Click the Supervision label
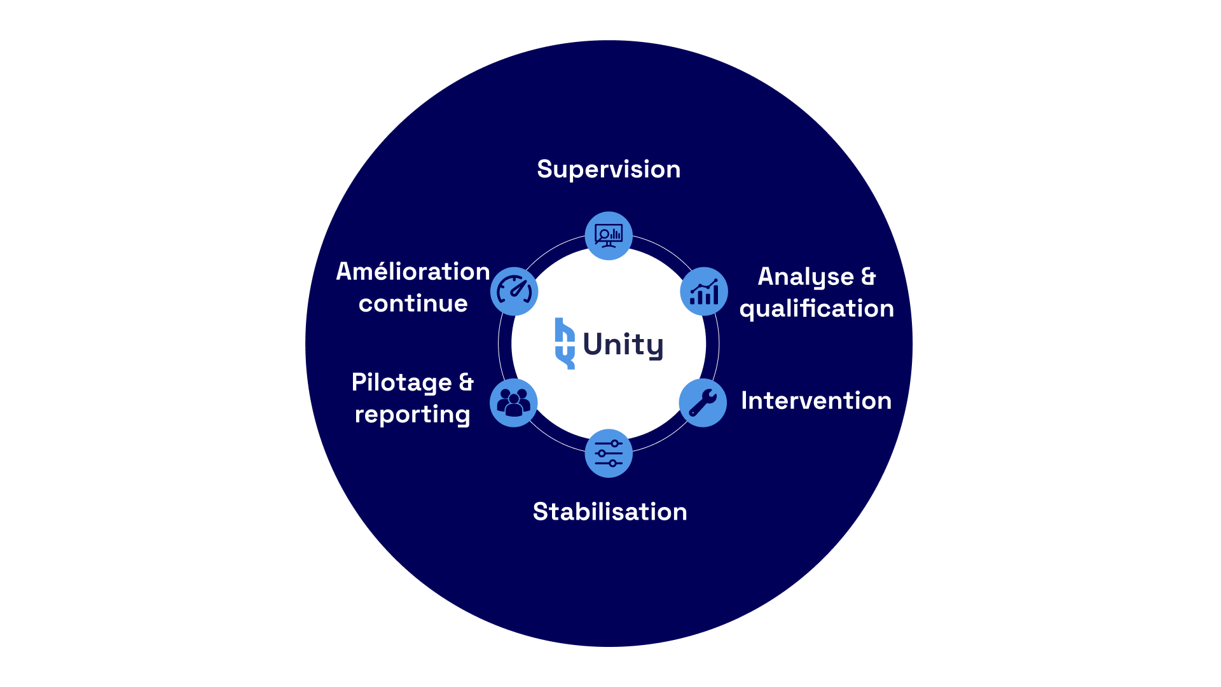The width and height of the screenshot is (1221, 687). tap(609, 169)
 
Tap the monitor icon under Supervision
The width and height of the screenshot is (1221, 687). tap(609, 236)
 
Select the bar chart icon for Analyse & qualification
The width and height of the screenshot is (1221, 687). tap(704, 292)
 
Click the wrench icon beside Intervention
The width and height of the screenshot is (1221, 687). tap(703, 403)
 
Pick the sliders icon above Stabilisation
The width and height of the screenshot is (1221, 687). tap(609, 454)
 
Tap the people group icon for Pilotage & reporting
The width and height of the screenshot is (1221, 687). tap(514, 403)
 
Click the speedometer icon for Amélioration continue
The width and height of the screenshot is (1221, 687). tap(514, 291)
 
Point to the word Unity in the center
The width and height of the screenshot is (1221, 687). tap(623, 344)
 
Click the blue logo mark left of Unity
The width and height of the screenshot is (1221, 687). tap(565, 343)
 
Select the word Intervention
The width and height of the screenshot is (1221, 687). tap(816, 401)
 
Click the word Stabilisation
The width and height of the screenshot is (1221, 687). tap(610, 511)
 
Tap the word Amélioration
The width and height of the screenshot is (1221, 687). tap(413, 272)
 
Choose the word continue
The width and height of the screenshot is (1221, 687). tap(413, 303)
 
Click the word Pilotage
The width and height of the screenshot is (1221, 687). tap(401, 383)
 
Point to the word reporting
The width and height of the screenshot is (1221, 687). tap(412, 415)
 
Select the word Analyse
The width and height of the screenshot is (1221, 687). tap(806, 277)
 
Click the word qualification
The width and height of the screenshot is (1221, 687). tap(817, 309)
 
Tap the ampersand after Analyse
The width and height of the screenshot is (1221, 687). tap(868, 277)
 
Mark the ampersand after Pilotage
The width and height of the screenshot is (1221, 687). tap(466, 382)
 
